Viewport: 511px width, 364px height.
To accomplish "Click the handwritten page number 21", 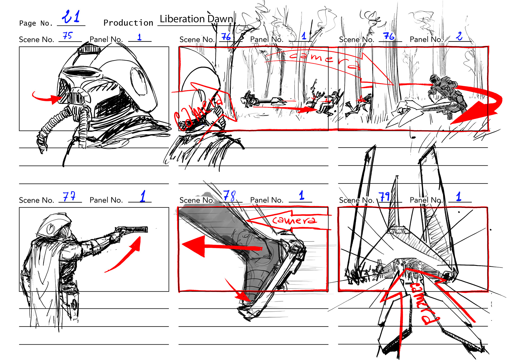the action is [x=71, y=16].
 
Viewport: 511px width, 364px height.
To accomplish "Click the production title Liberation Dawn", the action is [x=196, y=19].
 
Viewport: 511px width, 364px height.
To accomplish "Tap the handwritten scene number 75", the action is [x=68, y=35].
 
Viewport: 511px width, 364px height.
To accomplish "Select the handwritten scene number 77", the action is [x=69, y=196].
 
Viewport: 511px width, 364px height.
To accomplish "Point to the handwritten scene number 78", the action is [x=229, y=196].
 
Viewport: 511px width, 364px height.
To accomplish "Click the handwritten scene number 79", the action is [x=385, y=197].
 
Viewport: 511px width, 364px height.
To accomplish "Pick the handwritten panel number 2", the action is [x=459, y=36].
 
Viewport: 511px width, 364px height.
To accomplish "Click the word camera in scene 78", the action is [x=294, y=220].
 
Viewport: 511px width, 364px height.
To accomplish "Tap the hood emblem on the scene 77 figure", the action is [x=50, y=228].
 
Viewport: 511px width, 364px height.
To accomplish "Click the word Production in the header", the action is [x=128, y=23].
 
